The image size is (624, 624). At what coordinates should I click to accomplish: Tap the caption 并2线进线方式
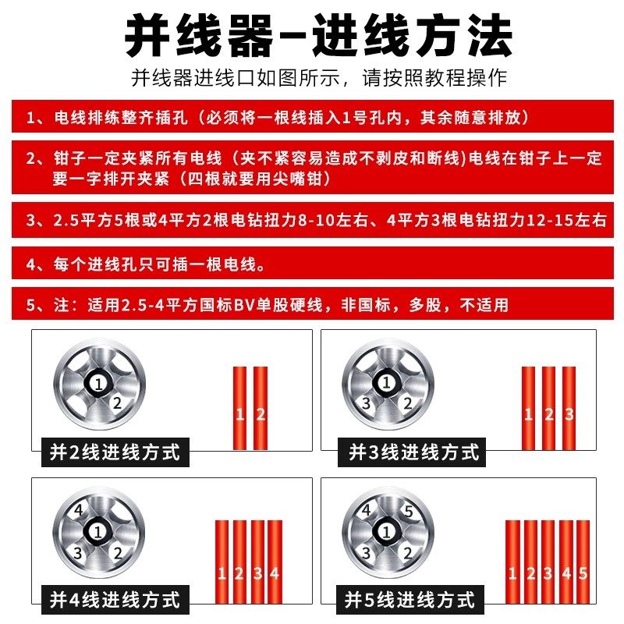tap(115, 452)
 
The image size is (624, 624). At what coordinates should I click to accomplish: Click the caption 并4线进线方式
tap(115, 600)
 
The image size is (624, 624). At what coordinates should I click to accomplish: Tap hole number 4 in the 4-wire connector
tap(78, 512)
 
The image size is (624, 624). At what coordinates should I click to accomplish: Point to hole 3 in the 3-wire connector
tap(366, 404)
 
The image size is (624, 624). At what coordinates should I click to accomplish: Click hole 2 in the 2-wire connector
tap(117, 403)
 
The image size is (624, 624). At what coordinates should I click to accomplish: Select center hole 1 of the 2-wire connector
tap(97, 383)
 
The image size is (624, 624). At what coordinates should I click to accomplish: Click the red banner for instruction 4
tap(312, 264)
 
